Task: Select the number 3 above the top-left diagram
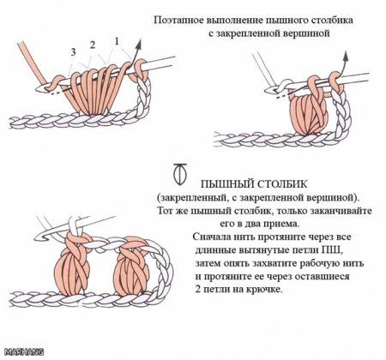(x=75, y=53)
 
